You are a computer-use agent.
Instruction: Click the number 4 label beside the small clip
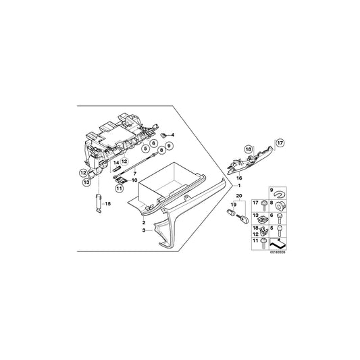pyautogui.click(x=173, y=136)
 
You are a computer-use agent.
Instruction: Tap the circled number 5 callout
pyautogui.click(x=145, y=147)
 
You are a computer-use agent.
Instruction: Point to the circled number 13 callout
pyautogui.click(x=87, y=182)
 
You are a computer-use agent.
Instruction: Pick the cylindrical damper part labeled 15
pyautogui.click(x=98, y=203)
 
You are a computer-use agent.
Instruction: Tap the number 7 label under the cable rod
pyautogui.click(x=134, y=174)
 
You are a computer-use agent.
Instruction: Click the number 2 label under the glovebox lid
pyautogui.click(x=143, y=222)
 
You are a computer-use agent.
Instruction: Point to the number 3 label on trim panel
pyautogui.click(x=143, y=230)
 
